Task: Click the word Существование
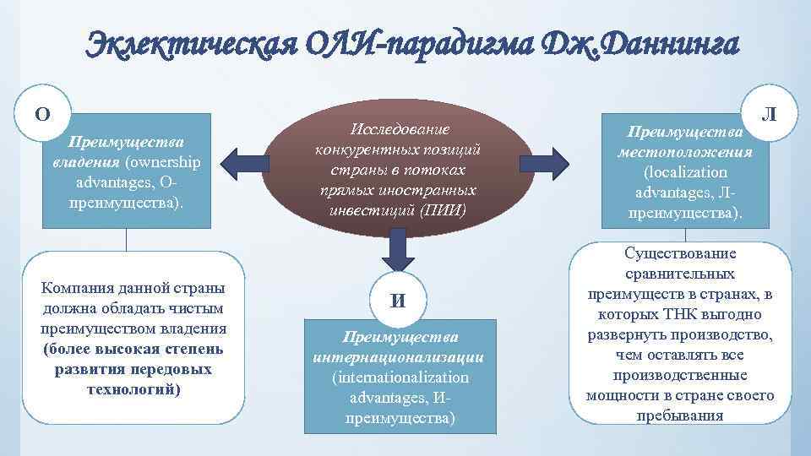point(681,254)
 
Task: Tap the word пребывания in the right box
point(681,415)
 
